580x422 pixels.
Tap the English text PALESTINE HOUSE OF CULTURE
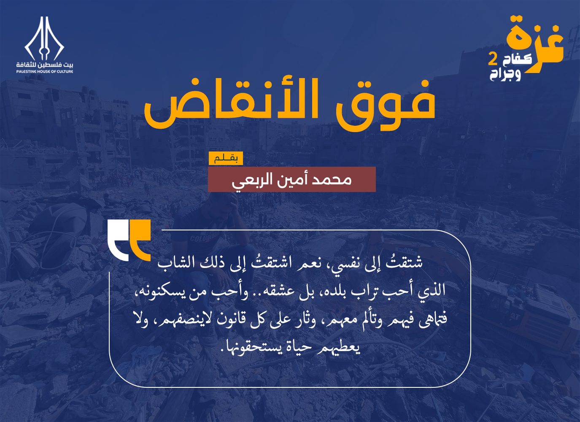[45, 71]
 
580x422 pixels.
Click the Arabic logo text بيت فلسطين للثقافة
[45, 65]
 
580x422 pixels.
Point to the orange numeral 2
[493, 59]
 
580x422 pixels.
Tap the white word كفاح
[517, 59]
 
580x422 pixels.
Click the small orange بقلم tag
[226, 158]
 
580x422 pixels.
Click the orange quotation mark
[140, 240]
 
